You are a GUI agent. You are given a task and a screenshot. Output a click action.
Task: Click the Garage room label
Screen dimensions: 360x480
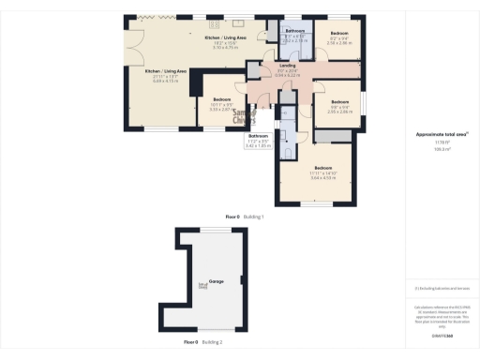pos(217,281)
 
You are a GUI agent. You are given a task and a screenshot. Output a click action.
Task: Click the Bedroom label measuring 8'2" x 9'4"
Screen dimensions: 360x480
pos(338,32)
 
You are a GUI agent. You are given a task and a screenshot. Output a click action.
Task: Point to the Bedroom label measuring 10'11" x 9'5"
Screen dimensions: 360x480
pos(221,99)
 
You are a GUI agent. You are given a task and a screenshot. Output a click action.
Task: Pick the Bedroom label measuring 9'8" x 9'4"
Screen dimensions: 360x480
pos(338,101)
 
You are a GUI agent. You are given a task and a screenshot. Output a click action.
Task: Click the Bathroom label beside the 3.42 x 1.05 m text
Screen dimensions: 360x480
pos(258,136)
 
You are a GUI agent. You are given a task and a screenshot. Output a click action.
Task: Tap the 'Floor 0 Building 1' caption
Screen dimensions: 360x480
pos(246,217)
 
